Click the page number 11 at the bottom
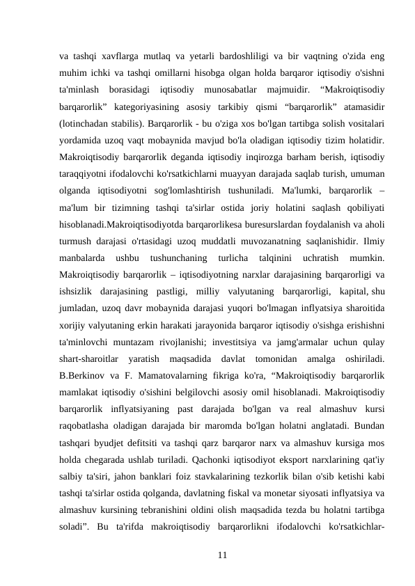click(221, 555)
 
